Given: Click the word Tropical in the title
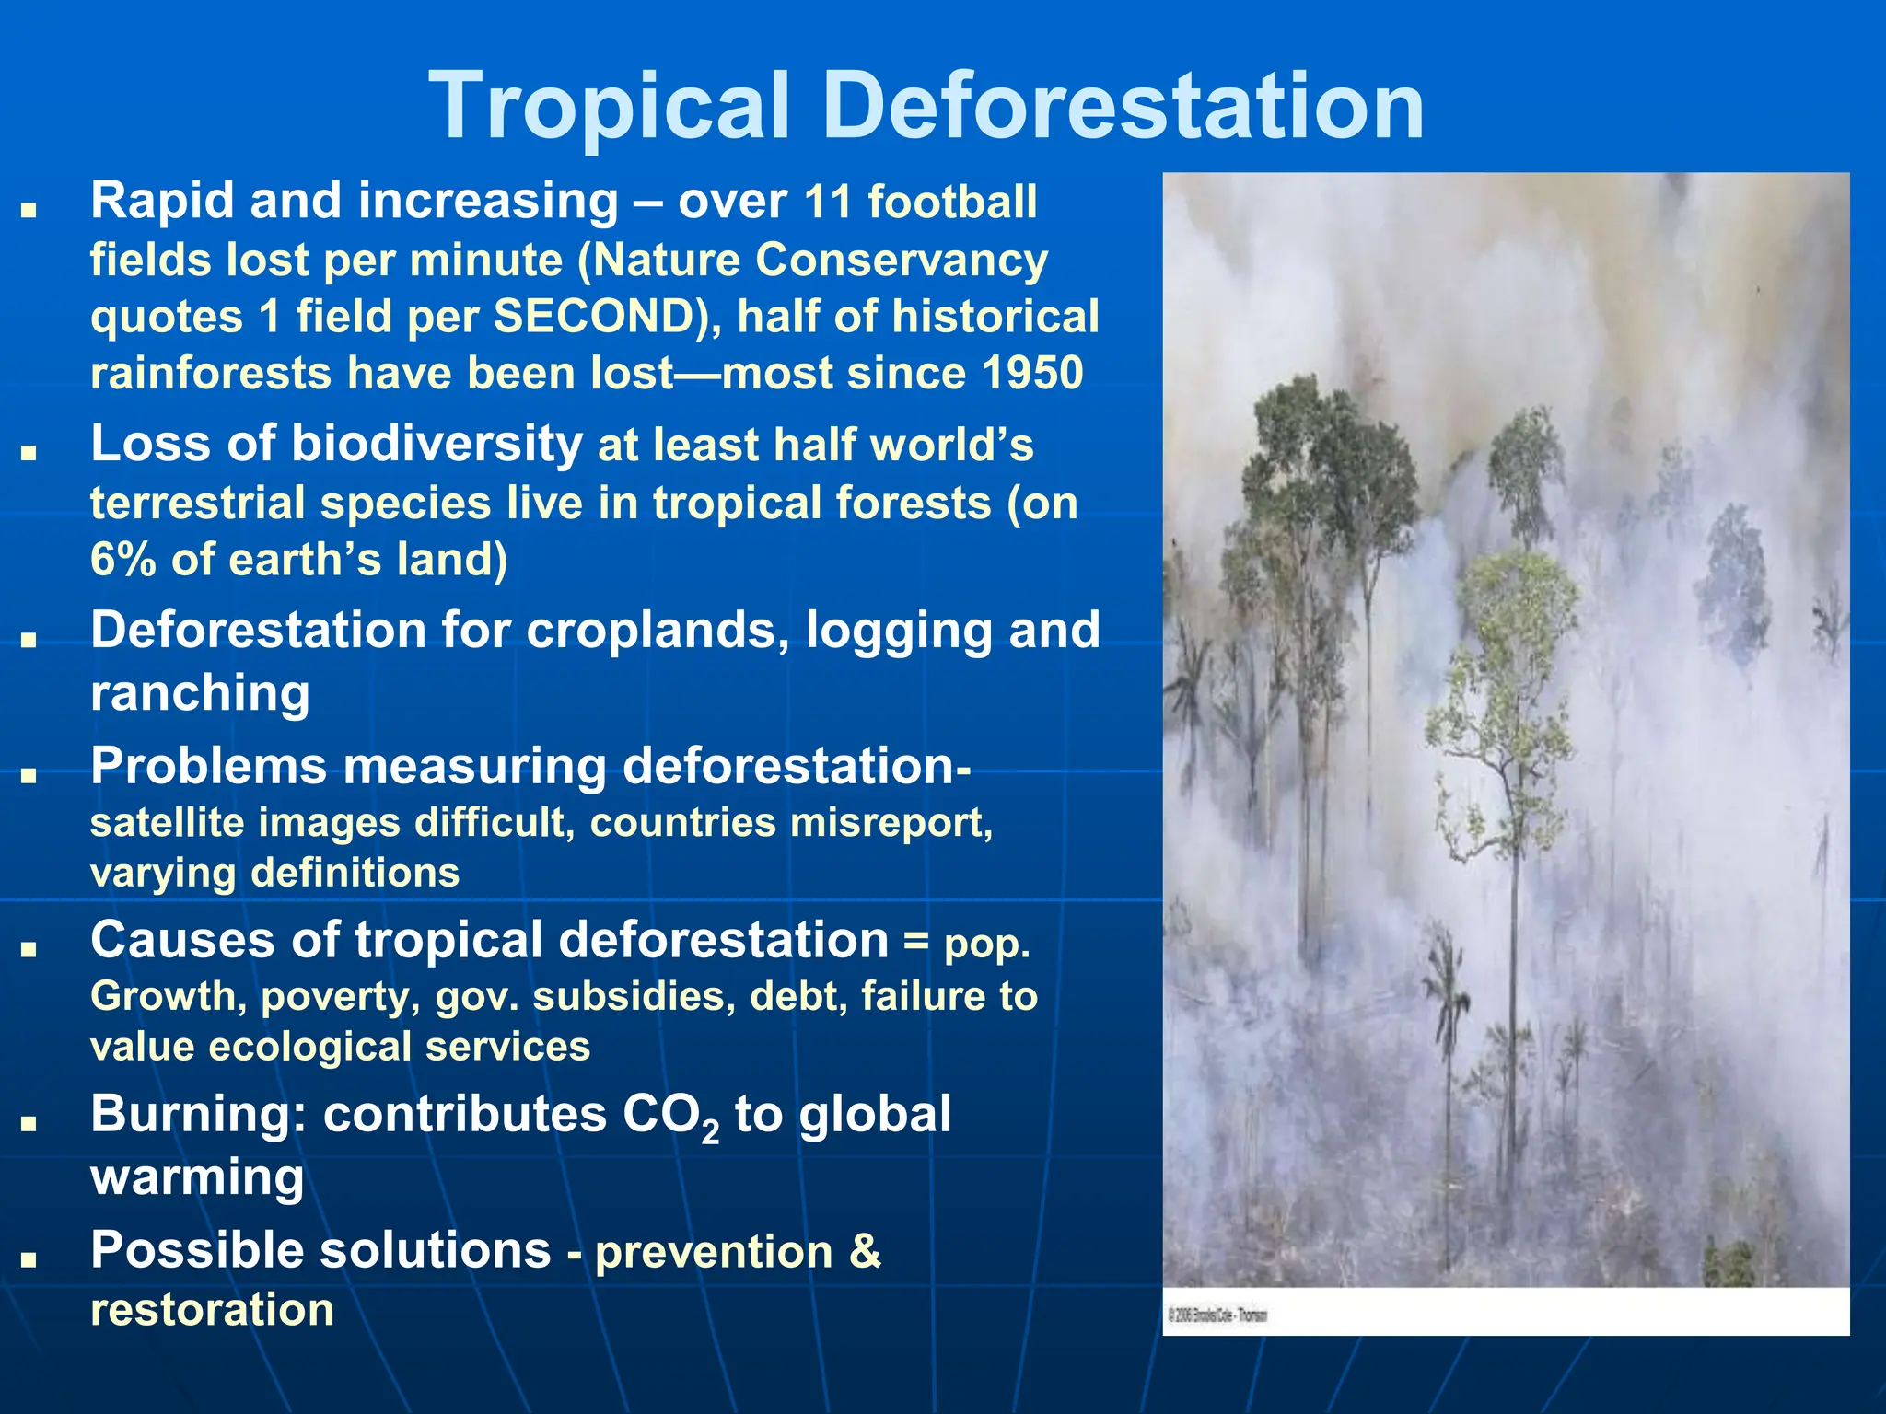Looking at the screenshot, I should click(610, 109).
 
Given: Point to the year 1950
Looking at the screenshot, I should click(1031, 374).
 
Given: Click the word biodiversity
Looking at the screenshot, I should click(437, 444).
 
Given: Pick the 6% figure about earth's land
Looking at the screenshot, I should click(123, 560).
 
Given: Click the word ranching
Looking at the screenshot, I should click(200, 692).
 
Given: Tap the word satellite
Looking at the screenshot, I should click(167, 823).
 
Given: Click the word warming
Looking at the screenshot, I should click(197, 1177).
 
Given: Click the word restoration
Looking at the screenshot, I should click(212, 1310).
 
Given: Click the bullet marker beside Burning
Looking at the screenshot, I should click(29, 1123).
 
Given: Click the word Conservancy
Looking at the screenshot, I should click(902, 261).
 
